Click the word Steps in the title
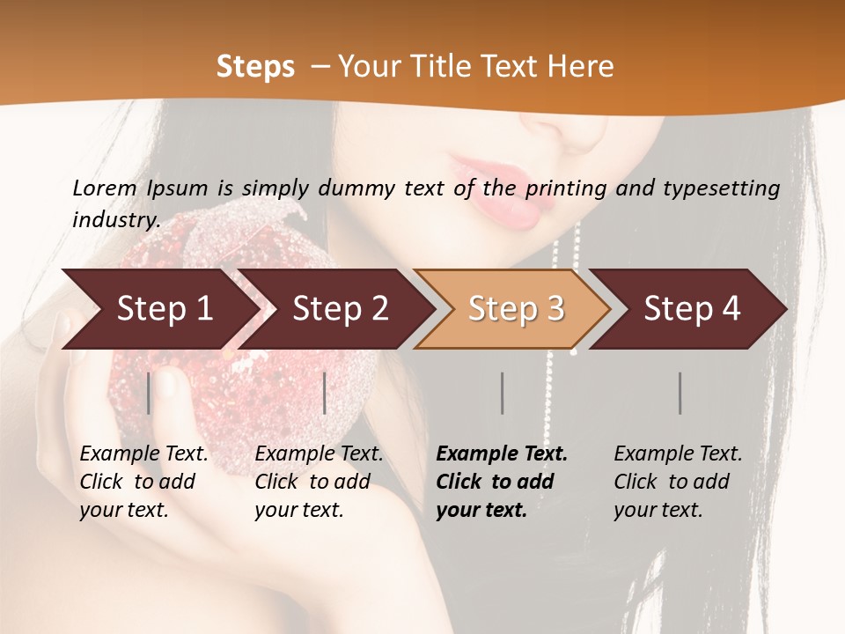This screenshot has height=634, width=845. pyautogui.click(x=255, y=67)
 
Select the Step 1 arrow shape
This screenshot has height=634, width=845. pyautogui.click(x=158, y=309)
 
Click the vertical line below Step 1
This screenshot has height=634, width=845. pyautogui.click(x=149, y=393)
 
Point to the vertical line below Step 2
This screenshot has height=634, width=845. pyautogui.click(x=325, y=393)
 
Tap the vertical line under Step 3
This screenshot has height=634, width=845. pyautogui.click(x=502, y=393)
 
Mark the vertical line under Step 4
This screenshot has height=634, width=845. pyautogui.click(x=680, y=393)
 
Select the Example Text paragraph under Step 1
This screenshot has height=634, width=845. pyautogui.click(x=143, y=482)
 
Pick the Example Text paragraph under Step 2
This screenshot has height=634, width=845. pyautogui.click(x=319, y=482)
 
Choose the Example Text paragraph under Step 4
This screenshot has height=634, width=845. pyautogui.click(x=678, y=482)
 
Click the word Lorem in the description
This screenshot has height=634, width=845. pyautogui.click(x=105, y=188)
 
